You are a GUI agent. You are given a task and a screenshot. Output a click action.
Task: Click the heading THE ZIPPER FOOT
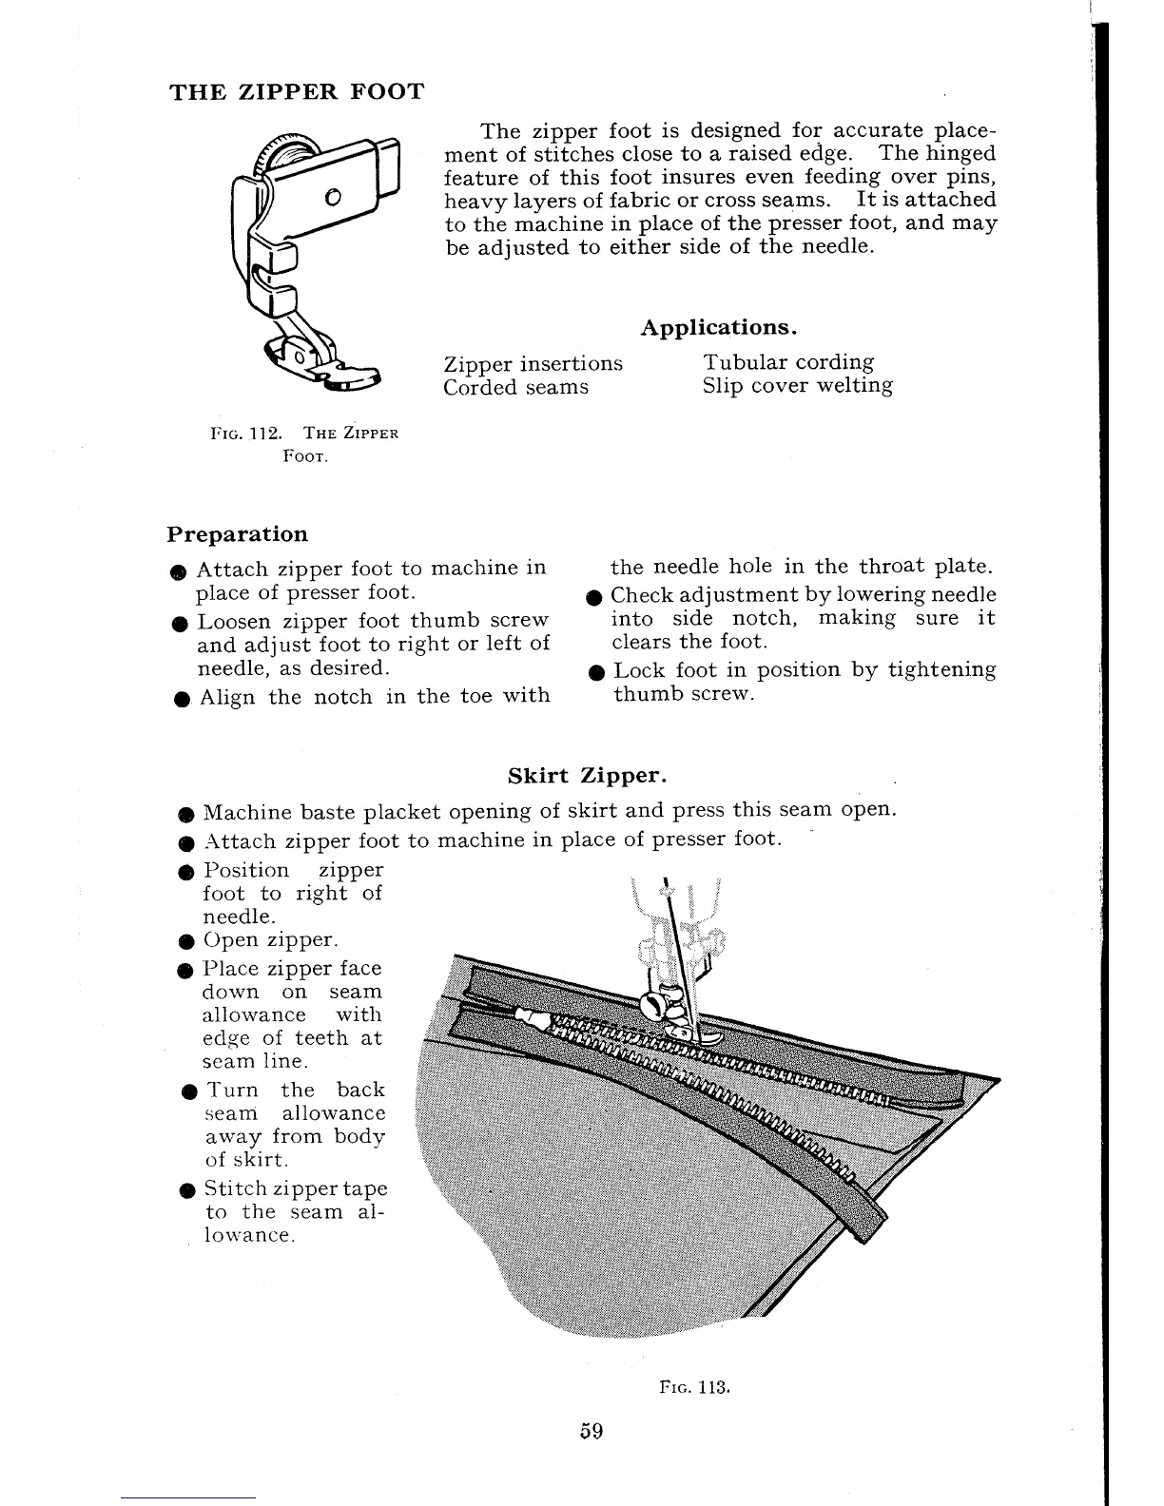(296, 92)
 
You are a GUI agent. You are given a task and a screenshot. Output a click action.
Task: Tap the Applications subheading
(718, 328)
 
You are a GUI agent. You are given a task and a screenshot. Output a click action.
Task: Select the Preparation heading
(238, 534)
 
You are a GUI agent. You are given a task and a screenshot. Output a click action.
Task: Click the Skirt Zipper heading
(587, 775)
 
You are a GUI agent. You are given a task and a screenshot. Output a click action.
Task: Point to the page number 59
(592, 1431)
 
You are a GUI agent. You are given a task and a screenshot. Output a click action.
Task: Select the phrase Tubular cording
(788, 362)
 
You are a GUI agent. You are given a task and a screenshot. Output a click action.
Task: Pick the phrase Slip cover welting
(798, 386)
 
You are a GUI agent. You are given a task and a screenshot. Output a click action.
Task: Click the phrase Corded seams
(516, 388)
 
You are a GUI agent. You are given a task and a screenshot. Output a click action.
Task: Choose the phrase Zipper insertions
(533, 364)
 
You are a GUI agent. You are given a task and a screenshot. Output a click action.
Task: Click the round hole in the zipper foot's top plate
(331, 198)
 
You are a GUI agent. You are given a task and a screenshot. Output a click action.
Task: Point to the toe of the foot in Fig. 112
(352, 378)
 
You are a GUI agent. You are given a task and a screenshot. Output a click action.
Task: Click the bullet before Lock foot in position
(595, 672)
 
